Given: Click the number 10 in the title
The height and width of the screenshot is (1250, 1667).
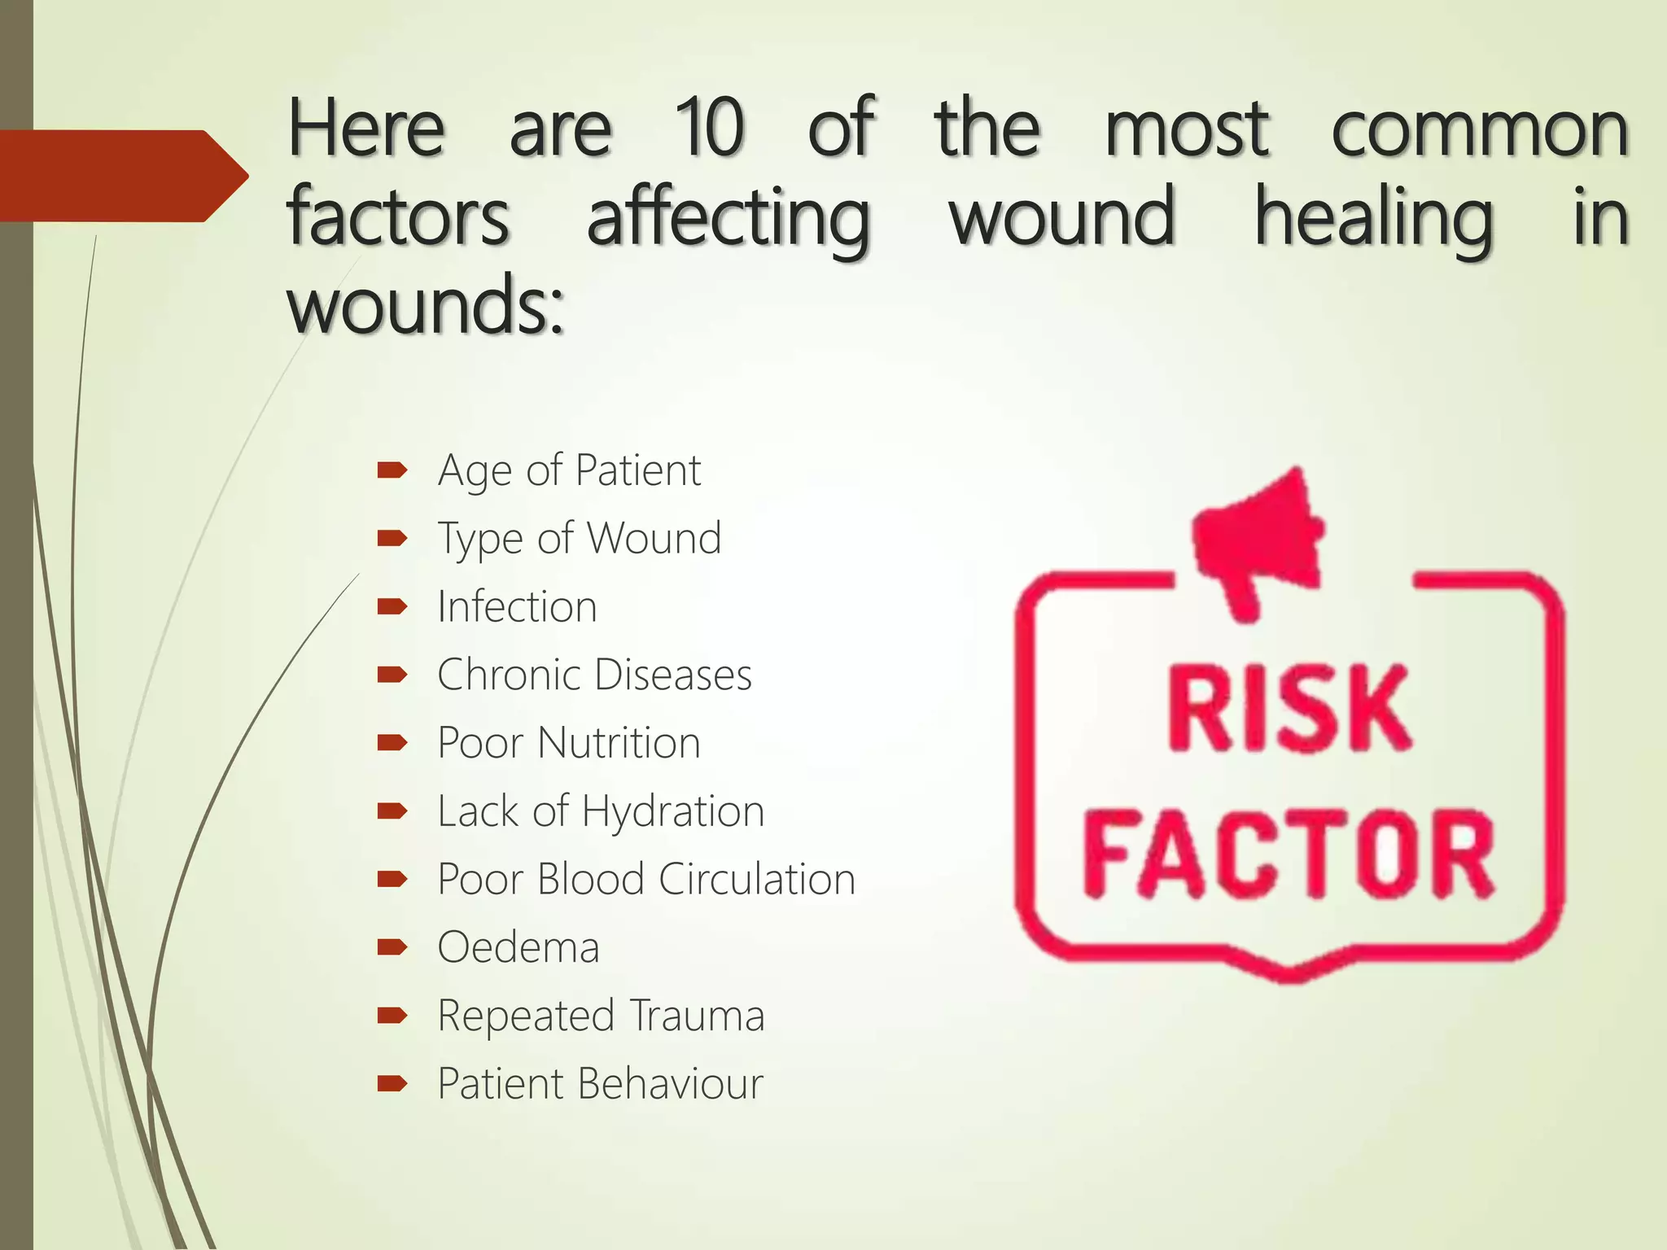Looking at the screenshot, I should (x=709, y=128).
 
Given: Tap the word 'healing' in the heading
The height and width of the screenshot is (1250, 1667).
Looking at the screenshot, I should (x=1373, y=217).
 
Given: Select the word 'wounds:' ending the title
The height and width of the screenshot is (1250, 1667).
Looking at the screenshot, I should (x=425, y=304).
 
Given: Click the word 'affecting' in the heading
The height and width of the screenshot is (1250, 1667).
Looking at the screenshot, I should (x=728, y=217).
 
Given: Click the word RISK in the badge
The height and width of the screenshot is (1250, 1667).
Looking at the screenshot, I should (x=1289, y=708).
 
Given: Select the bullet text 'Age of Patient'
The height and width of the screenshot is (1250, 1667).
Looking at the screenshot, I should (x=569, y=470).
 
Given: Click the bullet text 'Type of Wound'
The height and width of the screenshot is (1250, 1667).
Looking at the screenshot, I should (x=579, y=538).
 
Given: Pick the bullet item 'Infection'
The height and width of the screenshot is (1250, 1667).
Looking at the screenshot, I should (x=517, y=606).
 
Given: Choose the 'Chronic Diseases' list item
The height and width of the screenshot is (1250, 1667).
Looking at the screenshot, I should (x=594, y=675).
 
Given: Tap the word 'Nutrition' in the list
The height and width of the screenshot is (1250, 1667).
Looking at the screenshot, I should (x=619, y=743).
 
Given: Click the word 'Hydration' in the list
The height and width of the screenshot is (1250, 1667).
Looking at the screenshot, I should (x=673, y=811).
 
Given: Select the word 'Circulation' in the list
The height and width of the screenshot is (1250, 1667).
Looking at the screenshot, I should (x=757, y=880).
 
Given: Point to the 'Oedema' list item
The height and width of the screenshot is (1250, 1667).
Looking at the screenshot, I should (x=518, y=947).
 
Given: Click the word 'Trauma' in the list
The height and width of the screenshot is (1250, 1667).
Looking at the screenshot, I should (x=697, y=1016).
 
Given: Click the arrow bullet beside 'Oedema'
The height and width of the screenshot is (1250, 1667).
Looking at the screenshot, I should (x=392, y=946).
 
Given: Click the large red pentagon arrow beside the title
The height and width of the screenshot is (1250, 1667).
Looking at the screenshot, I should (x=122, y=176).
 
